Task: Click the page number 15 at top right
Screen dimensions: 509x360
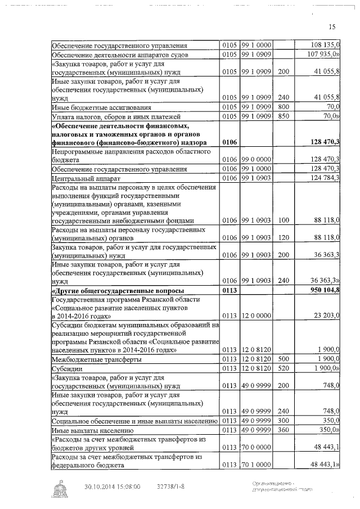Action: point(331,26)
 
